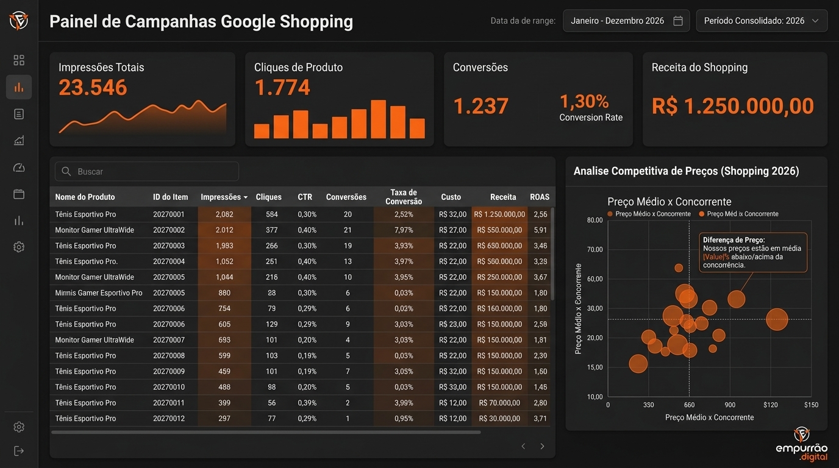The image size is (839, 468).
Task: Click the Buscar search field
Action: click(146, 171)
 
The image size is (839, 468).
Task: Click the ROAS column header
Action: click(540, 197)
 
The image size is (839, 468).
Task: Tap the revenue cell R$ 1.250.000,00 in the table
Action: click(499, 214)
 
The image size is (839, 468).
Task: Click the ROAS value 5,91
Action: click(540, 230)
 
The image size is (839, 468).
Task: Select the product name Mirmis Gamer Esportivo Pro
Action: click(99, 292)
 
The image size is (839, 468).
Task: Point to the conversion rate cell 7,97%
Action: click(404, 230)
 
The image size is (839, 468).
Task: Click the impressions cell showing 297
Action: click(224, 418)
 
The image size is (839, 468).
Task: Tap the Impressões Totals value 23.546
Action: click(93, 87)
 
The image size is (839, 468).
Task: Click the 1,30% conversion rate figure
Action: click(584, 102)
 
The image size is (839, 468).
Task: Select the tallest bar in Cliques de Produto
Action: click(378, 119)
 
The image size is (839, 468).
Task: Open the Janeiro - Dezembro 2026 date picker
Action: click(626, 21)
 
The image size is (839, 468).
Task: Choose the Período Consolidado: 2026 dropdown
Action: click(762, 21)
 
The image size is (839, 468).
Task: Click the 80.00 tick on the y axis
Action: click(594, 220)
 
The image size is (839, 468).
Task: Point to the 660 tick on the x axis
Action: click(689, 405)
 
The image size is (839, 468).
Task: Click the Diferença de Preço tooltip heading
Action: click(734, 240)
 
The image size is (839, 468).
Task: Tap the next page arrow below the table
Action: click(542, 446)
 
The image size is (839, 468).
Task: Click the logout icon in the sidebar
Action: click(19, 451)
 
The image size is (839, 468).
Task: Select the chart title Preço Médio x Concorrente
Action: click(669, 202)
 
